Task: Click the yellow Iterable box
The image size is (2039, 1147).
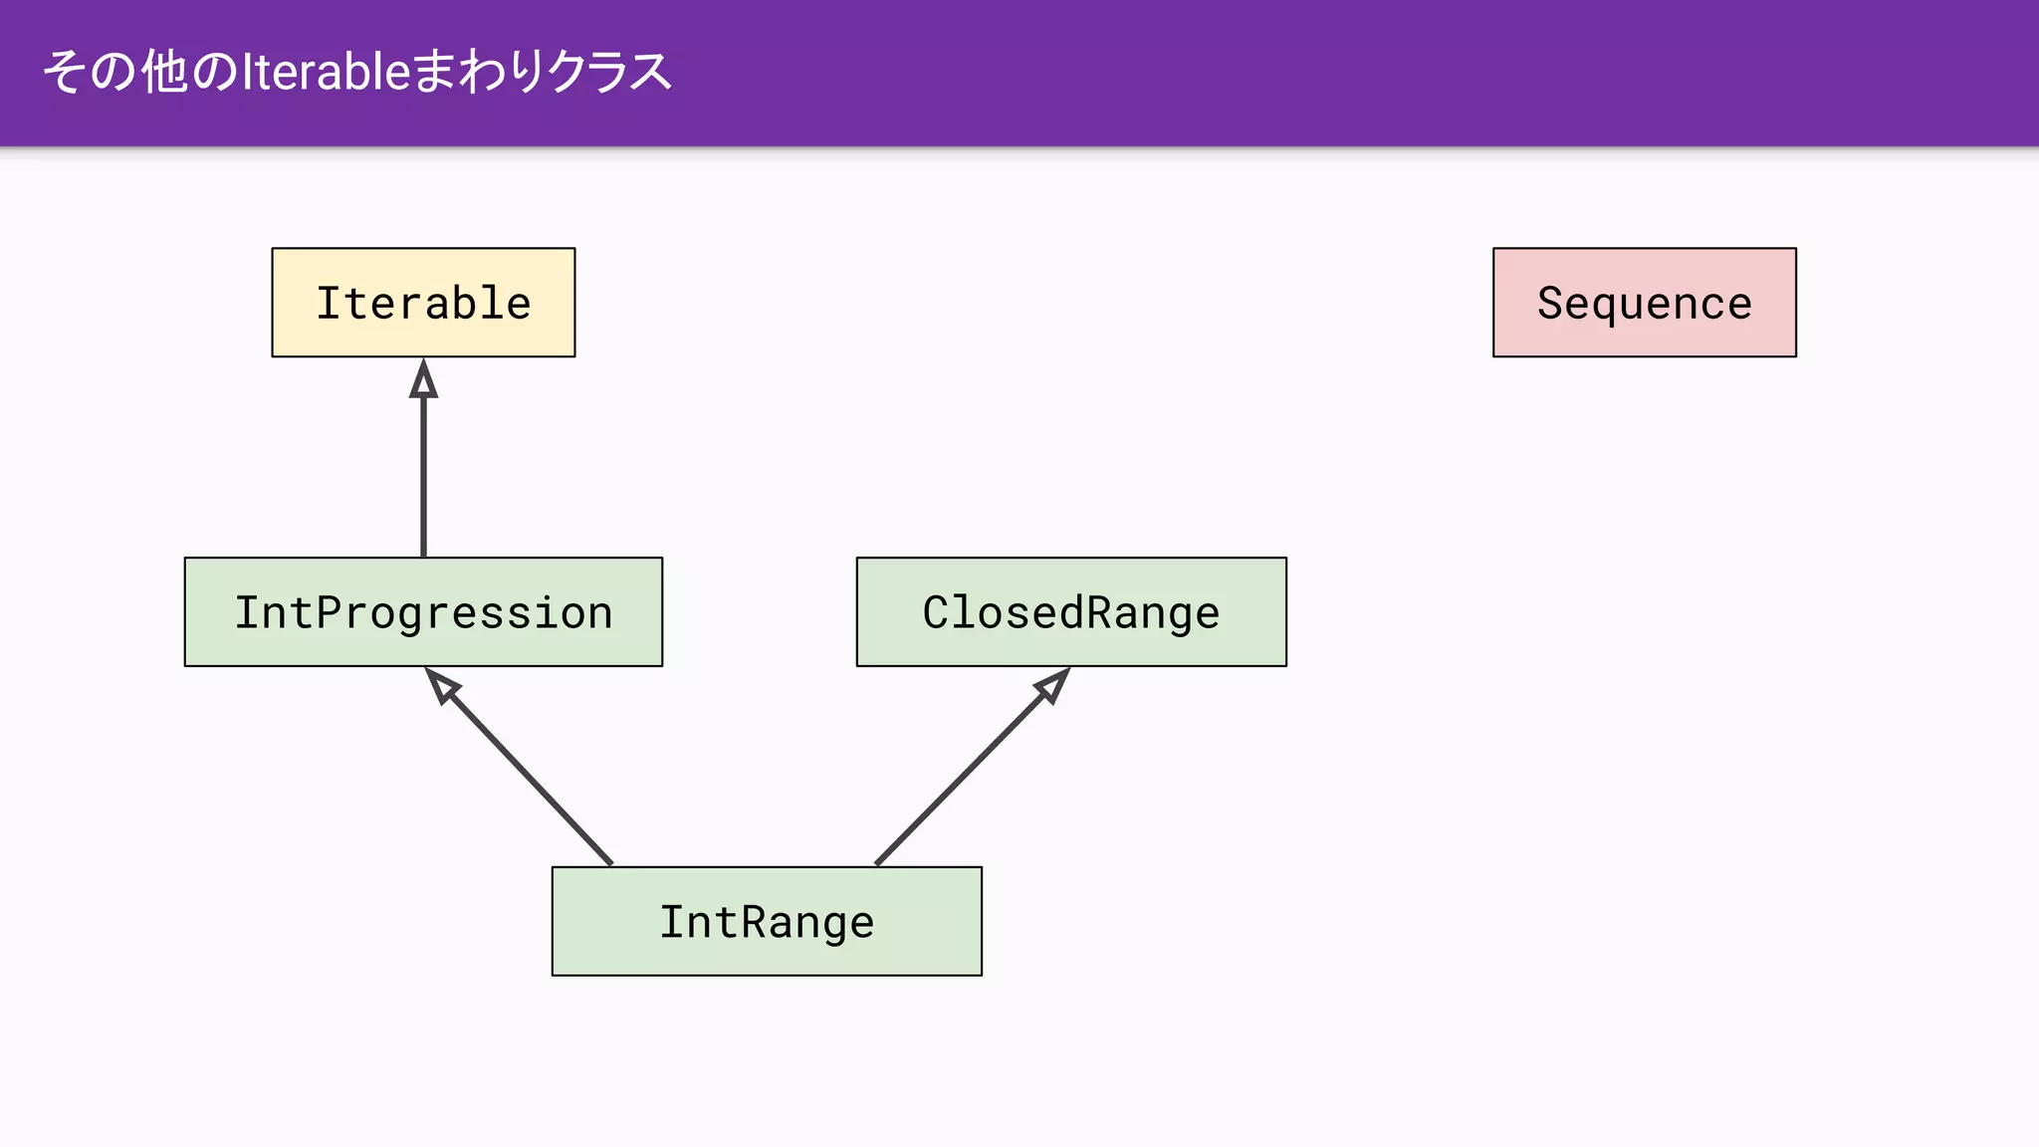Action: pos(423,303)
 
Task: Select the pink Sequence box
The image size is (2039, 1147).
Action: pos(1644,303)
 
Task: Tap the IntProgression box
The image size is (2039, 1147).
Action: pos(423,611)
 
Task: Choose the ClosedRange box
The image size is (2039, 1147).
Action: pos(1071,611)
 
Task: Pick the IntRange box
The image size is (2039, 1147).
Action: pos(767,921)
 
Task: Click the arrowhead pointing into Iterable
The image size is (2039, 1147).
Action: pos(423,380)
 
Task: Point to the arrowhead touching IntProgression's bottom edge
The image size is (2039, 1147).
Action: pos(441,685)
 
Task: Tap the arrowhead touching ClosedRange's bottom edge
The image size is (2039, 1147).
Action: pos(1053,685)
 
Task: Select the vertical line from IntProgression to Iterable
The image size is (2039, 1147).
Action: pos(423,478)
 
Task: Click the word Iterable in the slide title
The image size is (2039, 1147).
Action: pos(327,72)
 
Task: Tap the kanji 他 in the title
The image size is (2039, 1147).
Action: pos(163,72)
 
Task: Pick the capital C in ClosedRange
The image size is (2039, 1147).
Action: pos(935,611)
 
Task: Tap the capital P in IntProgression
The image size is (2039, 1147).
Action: pos(328,611)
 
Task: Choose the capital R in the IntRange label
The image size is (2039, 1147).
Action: pos(749,921)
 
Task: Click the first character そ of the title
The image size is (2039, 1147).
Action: pos(63,72)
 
